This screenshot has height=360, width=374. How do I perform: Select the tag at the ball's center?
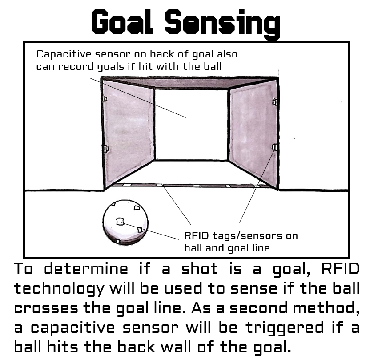click(120, 221)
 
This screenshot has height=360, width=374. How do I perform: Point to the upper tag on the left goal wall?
click(104, 98)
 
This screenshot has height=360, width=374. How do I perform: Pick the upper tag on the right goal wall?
click(275, 102)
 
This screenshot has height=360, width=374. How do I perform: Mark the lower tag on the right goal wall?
click(274, 147)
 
